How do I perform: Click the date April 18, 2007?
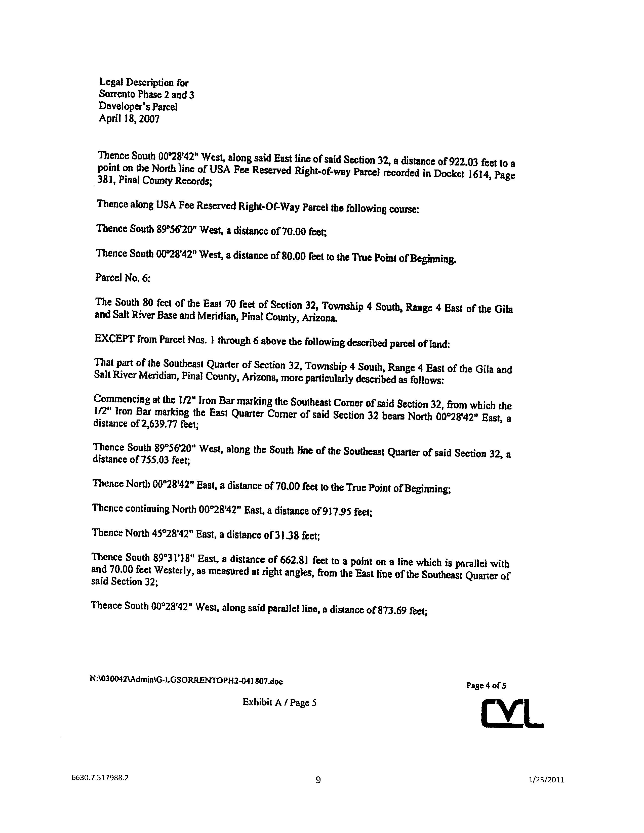[x=129, y=119]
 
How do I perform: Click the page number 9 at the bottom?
[x=318, y=780]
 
